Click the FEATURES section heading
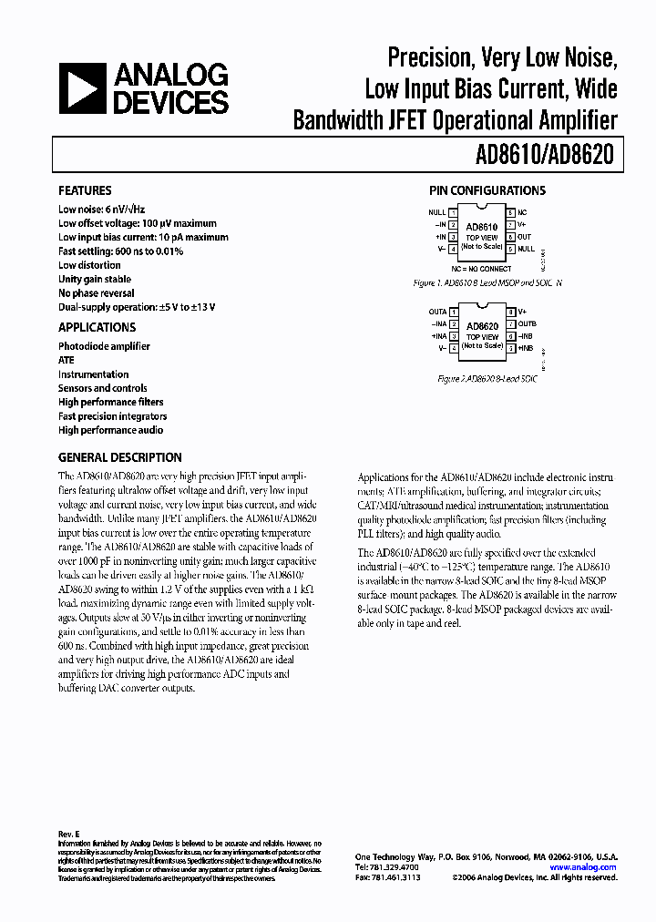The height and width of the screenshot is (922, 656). pos(85,190)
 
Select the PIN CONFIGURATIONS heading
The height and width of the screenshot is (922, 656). pos(487,190)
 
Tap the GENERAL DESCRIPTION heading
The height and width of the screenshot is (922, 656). pos(119,457)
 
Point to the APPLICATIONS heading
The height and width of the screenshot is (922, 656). pos(97,327)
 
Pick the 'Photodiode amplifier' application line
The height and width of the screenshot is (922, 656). pos(104,346)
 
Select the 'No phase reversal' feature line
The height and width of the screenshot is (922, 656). pos(96,293)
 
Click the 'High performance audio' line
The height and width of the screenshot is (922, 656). pos(110,430)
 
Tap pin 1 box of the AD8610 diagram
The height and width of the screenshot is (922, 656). pos(454,212)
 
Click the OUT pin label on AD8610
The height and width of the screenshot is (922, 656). pos(526,235)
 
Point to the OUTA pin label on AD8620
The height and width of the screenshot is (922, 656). pos(437,312)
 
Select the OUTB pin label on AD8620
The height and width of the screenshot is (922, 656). pos(528,323)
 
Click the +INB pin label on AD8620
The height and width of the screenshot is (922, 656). pos(526,347)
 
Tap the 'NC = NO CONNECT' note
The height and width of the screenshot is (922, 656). pos(481,269)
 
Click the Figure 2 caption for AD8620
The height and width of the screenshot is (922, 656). pos(487,378)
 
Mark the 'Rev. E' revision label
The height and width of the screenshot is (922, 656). pos(69,835)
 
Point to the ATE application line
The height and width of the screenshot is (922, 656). pos(67,360)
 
